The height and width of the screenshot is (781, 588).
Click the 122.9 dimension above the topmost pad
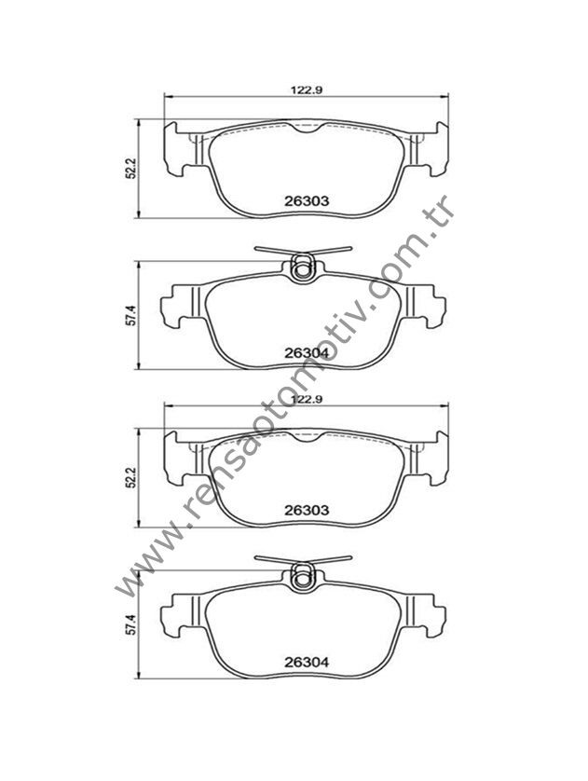click(x=308, y=90)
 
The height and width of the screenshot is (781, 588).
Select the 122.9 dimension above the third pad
click(x=308, y=399)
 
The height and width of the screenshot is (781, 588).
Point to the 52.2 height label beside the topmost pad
click(x=130, y=169)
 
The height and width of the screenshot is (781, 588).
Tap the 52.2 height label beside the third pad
click(x=130, y=478)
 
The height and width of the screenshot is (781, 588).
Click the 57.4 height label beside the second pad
click(x=130, y=315)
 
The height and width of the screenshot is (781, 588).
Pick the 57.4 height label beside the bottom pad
click(x=130, y=624)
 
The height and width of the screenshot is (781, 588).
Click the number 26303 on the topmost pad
click(x=307, y=200)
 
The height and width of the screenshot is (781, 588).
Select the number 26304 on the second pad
click(x=307, y=352)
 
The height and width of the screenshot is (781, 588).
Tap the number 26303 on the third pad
click(x=307, y=510)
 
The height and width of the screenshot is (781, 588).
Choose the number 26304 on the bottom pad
click(x=307, y=663)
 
